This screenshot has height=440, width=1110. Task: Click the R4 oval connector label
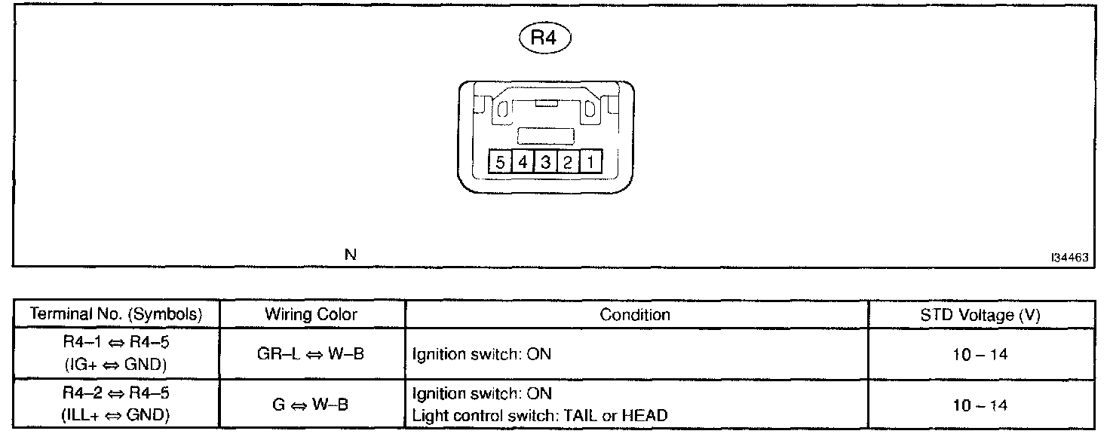544,39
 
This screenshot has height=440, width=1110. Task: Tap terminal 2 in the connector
568,162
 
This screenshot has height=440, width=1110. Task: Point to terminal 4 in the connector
523,162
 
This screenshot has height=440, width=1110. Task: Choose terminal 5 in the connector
499,162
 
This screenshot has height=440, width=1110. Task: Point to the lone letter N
350,255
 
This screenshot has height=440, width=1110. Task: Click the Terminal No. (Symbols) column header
115,315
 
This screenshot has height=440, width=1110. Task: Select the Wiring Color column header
311,315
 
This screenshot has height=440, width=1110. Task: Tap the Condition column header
635,315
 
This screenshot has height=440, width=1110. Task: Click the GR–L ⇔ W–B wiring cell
311,353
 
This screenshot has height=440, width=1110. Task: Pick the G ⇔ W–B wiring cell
311,404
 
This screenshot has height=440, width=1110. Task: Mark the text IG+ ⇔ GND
115,365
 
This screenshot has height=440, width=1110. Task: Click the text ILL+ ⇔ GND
115,415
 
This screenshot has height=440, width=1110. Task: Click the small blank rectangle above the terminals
545,136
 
